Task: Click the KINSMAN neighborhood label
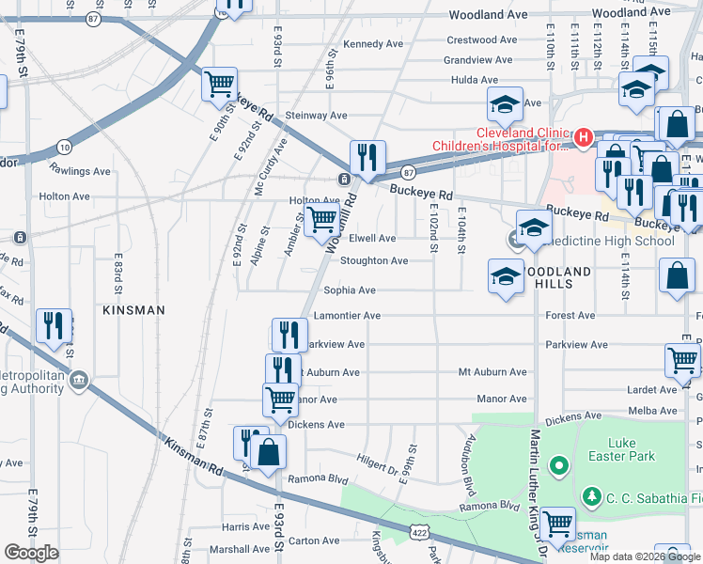(134, 309)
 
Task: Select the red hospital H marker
(584, 139)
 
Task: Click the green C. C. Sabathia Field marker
(592, 494)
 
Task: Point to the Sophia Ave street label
(350, 290)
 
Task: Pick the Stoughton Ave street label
(373, 260)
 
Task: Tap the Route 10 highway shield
(64, 147)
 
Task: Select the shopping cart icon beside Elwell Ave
(322, 220)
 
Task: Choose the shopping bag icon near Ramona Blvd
(269, 452)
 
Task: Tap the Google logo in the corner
(31, 553)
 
